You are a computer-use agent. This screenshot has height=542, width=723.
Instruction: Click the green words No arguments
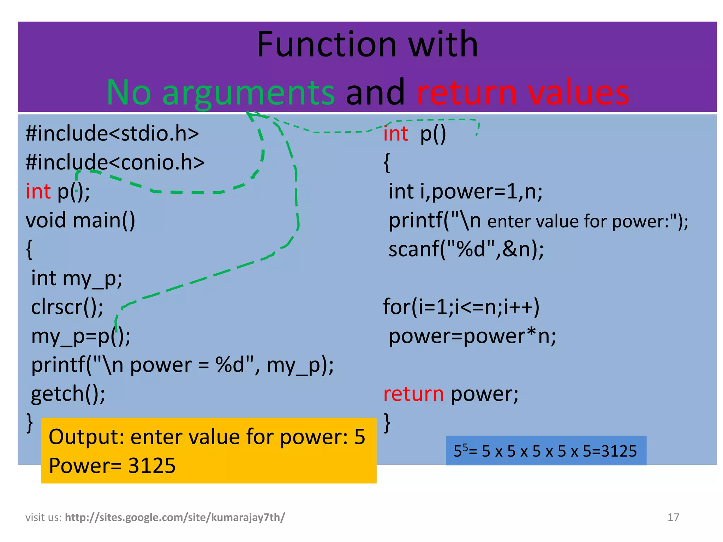[x=221, y=92]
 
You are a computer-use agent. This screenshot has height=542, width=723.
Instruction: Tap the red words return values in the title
[x=523, y=92]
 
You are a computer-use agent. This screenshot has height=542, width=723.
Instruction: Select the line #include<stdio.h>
[x=112, y=134]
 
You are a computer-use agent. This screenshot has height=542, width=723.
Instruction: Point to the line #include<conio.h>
[x=115, y=163]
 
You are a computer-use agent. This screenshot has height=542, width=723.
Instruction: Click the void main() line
[x=80, y=221]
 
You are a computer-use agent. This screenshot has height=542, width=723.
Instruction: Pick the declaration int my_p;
[x=77, y=278]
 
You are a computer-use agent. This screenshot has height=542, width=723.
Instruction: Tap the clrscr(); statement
[x=67, y=307]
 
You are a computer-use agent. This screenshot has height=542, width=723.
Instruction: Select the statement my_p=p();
[x=80, y=336]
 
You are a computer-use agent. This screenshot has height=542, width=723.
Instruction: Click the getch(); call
[x=68, y=394]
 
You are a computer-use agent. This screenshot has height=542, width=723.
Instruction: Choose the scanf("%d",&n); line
[x=466, y=249]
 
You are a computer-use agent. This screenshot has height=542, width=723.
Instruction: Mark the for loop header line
[x=461, y=307]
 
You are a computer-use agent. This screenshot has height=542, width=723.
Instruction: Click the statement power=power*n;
[x=472, y=336]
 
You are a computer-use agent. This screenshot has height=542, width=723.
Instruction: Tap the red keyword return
[x=413, y=394]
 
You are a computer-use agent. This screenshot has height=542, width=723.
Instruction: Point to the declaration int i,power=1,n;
[x=465, y=192]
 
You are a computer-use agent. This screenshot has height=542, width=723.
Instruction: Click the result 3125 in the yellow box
[x=152, y=466]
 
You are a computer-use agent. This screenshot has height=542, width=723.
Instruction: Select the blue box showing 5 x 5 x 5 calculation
[x=546, y=451]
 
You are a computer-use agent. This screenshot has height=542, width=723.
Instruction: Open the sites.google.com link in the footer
[x=175, y=517]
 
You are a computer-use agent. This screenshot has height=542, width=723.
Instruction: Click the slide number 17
[x=673, y=517]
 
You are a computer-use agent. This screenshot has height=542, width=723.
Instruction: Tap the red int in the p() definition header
[x=396, y=134]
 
